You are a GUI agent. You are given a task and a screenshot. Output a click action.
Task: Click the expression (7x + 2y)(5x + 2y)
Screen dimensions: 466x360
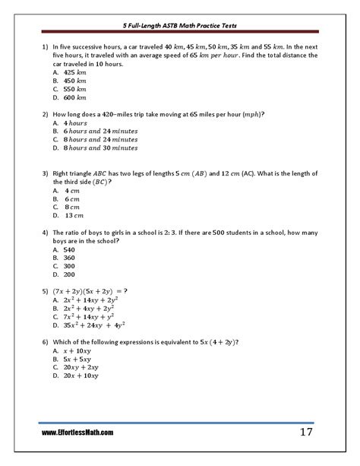87,291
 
